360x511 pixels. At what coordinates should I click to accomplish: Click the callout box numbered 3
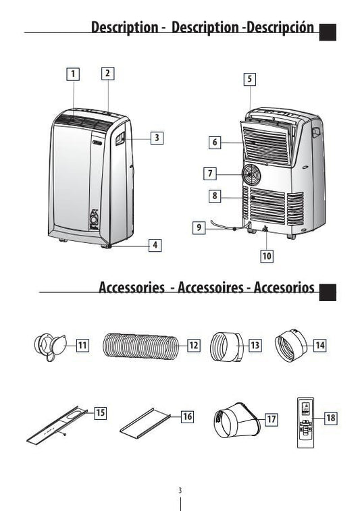tap(157, 138)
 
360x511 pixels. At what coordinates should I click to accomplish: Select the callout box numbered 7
tap(210, 173)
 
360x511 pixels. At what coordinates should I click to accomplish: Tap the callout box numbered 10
tap(267, 256)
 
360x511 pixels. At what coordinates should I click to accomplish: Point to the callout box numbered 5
tap(250, 79)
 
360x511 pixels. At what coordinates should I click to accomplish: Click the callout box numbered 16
tap(187, 416)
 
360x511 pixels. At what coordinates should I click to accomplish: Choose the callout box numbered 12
tap(193, 345)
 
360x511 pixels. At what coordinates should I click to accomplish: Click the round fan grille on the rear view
tap(251, 174)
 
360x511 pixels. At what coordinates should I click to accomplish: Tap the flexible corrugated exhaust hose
tap(141, 346)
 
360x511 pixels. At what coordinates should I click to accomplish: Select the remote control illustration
tap(305, 423)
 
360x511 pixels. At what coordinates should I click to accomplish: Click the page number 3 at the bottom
tap(180, 490)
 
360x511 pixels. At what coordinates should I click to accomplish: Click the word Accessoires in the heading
tap(211, 288)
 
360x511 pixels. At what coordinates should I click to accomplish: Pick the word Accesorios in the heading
tap(284, 288)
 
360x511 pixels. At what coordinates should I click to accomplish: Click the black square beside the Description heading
tap(328, 32)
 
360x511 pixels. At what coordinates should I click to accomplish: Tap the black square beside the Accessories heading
tap(328, 292)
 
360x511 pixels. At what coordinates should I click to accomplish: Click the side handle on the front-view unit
tap(120, 138)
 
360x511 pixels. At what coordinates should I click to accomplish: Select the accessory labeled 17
tap(237, 421)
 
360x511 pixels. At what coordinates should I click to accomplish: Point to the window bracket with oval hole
tap(57, 425)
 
